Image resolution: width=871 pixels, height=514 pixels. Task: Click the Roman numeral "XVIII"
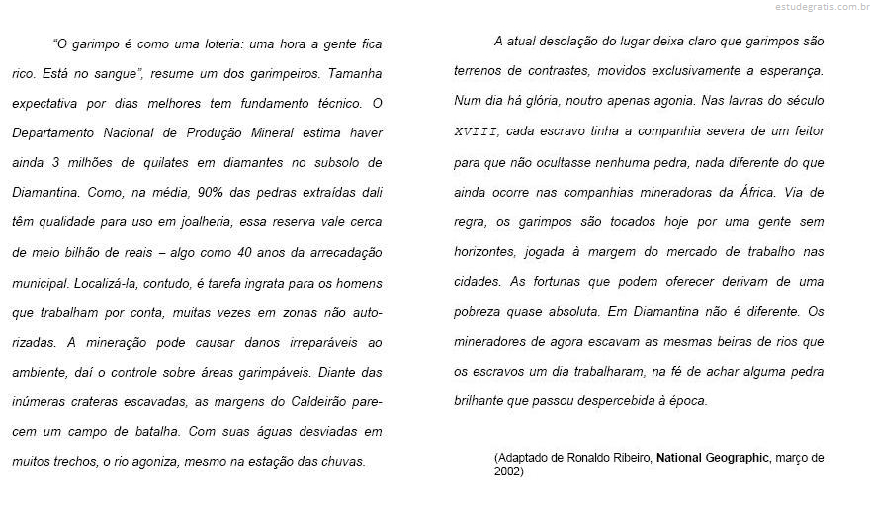[477, 130]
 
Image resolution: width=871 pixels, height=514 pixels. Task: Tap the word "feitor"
[804, 130]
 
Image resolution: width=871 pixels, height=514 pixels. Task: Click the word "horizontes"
[489, 251]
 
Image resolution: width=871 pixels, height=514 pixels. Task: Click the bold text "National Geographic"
[712, 458]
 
